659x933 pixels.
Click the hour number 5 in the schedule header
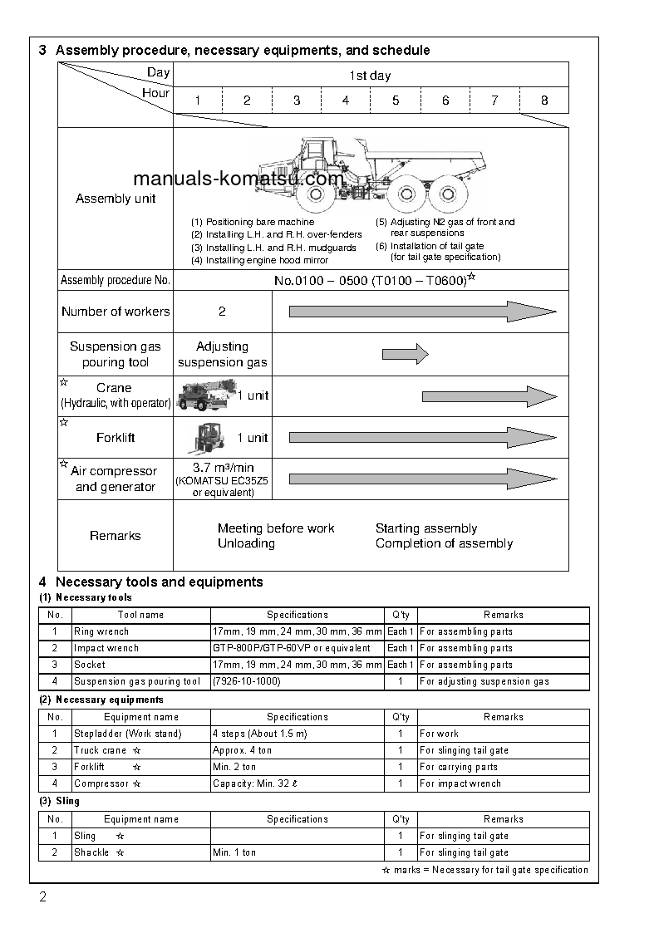[396, 101]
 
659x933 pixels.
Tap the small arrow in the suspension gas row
[405, 355]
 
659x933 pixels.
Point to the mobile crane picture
[204, 395]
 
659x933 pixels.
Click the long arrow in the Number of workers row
[422, 312]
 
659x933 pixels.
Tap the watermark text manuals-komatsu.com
[238, 179]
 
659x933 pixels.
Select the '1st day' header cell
[370, 76]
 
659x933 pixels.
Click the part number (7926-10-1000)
[246, 681]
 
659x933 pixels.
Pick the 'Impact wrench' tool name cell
[106, 648]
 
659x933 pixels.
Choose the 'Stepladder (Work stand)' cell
[127, 734]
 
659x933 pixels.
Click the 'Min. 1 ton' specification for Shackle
[234, 852]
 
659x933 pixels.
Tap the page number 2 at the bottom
[42, 897]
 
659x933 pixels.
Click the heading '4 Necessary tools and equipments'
[151, 582]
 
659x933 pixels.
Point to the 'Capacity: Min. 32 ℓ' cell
[254, 783]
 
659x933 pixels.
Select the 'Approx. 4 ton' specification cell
[242, 750]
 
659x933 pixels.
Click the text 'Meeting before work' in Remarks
[276, 528]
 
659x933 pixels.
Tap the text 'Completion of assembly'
[444, 543]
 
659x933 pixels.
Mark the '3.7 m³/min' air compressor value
[223, 468]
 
